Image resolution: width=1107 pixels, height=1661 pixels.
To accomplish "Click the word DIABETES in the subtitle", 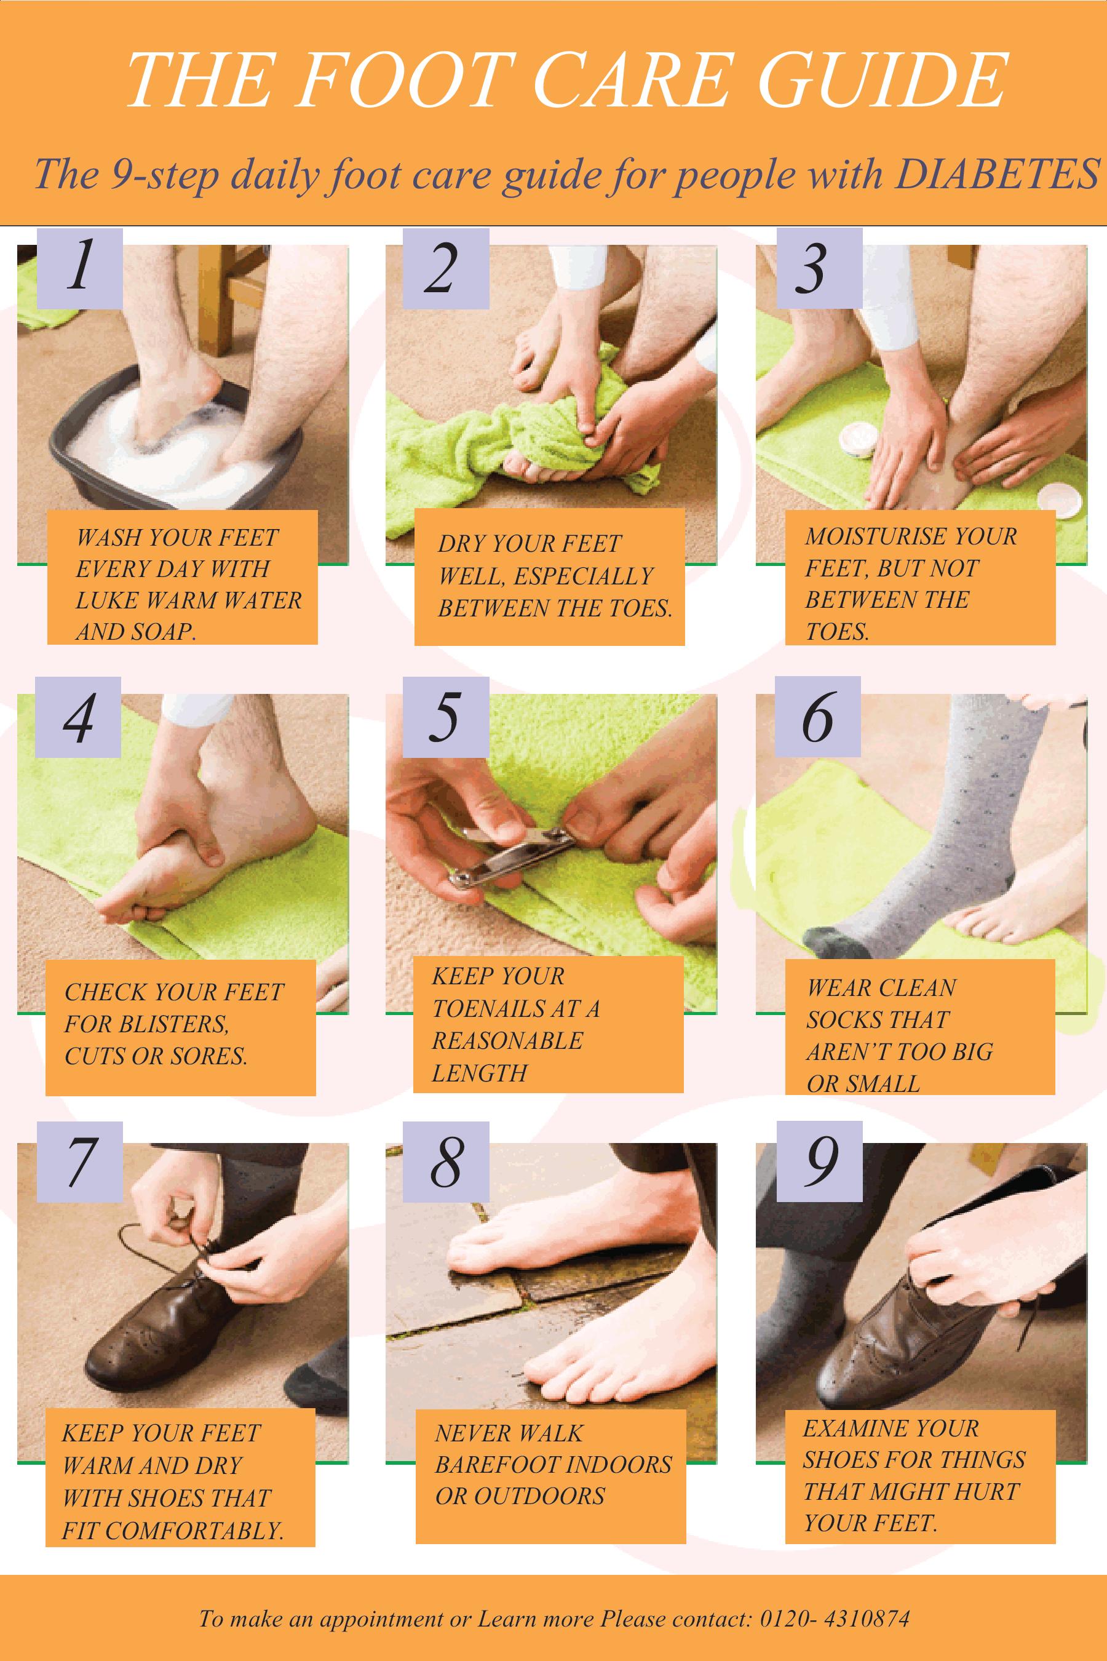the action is (996, 173).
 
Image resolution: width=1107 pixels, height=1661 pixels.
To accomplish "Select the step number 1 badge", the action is (79, 268).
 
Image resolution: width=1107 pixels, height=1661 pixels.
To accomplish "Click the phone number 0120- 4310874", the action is (834, 1619).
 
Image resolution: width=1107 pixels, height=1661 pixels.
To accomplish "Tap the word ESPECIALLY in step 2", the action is (583, 576).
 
